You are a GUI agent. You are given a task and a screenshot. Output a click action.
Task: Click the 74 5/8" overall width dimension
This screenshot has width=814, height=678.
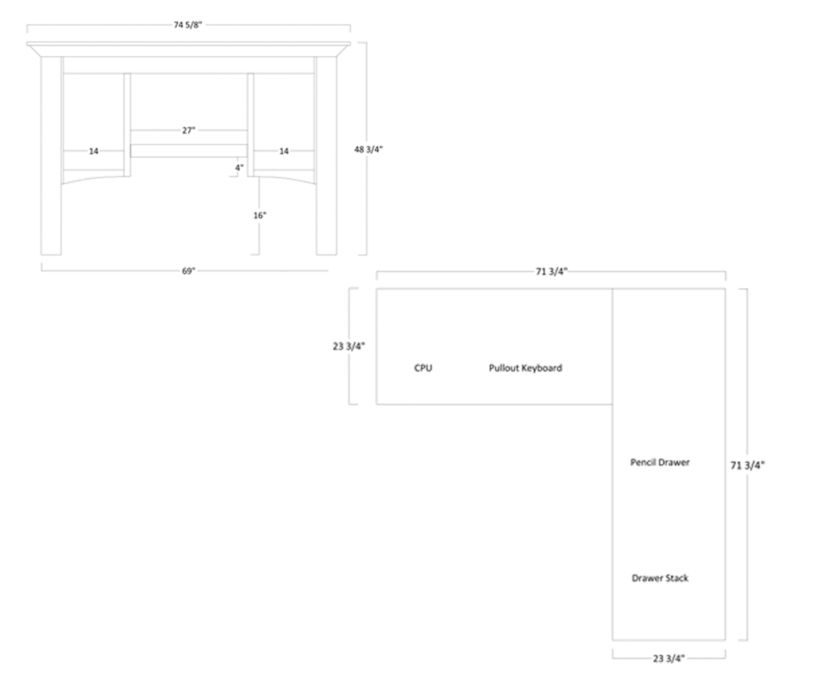tap(188, 25)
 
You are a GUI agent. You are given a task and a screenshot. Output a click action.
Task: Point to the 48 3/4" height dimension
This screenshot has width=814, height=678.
tap(368, 149)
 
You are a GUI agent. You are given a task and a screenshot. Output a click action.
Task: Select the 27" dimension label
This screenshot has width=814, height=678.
tap(189, 130)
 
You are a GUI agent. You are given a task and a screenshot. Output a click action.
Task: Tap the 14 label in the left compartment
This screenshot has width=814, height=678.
tap(94, 151)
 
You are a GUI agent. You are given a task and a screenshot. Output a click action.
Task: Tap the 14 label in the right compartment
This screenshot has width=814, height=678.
tap(284, 151)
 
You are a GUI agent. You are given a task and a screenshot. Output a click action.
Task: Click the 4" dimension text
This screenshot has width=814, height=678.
tap(239, 167)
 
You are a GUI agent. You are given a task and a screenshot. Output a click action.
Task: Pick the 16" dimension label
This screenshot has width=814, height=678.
tap(260, 216)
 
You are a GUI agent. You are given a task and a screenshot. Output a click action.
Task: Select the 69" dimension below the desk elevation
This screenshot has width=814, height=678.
tap(188, 271)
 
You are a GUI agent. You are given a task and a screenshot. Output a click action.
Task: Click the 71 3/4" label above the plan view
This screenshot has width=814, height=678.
tap(551, 272)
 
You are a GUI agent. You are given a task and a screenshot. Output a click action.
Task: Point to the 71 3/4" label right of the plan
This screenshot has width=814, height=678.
tap(747, 465)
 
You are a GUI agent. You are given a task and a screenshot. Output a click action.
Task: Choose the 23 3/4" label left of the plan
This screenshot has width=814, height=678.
tap(349, 346)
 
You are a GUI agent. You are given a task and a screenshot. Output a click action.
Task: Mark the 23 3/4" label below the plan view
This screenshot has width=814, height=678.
tap(669, 658)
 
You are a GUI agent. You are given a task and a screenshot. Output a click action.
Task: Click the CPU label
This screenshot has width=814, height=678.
tap(423, 368)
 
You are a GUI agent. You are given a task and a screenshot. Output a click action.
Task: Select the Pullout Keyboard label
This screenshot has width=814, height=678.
tap(525, 368)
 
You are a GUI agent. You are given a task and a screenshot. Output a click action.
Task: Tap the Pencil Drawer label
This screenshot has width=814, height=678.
tap(659, 462)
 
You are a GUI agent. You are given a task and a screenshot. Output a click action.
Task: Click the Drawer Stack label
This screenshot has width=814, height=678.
tap(659, 578)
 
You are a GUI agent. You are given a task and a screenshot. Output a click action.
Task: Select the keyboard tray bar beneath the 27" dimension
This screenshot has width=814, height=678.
tap(189, 151)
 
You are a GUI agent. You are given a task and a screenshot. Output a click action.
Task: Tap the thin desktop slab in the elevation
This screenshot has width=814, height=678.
tap(189, 45)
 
